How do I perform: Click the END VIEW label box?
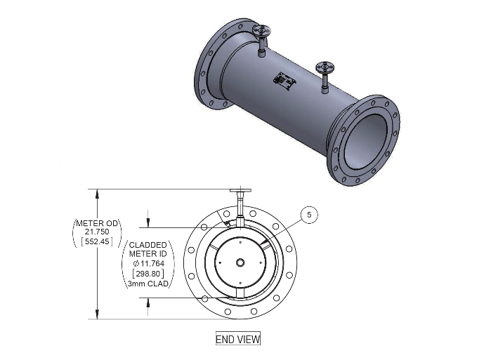[238, 338]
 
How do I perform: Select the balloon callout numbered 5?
[309, 215]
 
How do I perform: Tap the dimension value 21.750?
[97, 232]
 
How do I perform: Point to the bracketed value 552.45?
[97, 241]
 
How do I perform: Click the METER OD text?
[97, 223]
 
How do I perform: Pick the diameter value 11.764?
[149, 263]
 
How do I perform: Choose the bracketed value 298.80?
[148, 274]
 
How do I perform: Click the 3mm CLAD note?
[148, 284]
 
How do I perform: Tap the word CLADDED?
[148, 245]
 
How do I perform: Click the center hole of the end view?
[240, 262]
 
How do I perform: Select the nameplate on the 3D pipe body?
[284, 81]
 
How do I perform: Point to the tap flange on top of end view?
[240, 190]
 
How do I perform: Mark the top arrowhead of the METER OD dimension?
[98, 194]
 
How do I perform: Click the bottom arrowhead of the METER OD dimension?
[98, 314]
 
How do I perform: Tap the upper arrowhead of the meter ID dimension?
[148, 222]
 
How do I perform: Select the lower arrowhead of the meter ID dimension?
[148, 302]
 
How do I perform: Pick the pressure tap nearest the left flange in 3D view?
[261, 40]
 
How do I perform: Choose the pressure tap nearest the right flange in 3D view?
[325, 77]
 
